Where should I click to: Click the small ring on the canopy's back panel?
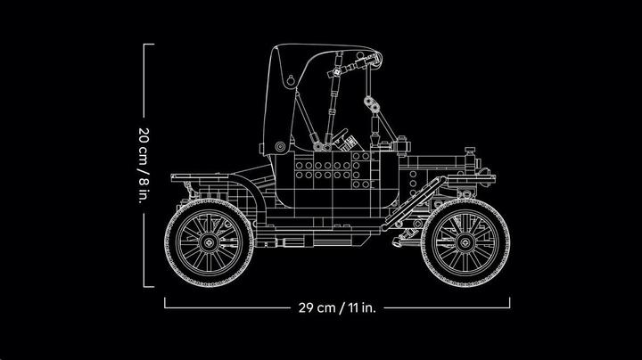tap(290, 80)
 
